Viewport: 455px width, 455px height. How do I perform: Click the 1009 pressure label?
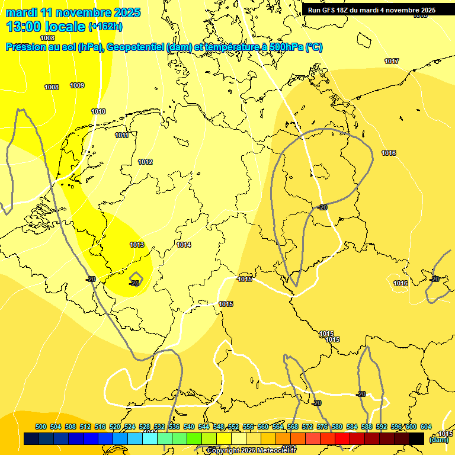pyautogui.click(x=77, y=85)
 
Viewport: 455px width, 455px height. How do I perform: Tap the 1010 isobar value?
pyautogui.click(x=98, y=111)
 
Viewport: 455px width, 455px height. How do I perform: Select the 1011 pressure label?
pyautogui.click(x=122, y=135)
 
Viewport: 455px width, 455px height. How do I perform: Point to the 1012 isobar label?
pyautogui.click(x=145, y=162)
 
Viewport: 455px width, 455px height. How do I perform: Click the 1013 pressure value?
pyautogui.click(x=137, y=245)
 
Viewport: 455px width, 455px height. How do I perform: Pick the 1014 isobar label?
pyautogui.click(x=184, y=245)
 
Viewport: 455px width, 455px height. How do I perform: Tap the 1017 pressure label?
pyautogui.click(x=391, y=61)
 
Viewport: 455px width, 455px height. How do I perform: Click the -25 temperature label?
pyautogui.click(x=134, y=283)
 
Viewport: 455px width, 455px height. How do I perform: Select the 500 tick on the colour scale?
pyautogui.click(x=41, y=427)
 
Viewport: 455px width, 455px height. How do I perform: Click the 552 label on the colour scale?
pyautogui.click(x=233, y=427)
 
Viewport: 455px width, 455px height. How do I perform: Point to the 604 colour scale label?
pyautogui.click(x=426, y=427)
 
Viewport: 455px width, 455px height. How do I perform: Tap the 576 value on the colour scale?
pyautogui.click(x=322, y=427)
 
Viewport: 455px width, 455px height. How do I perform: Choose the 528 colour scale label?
pyautogui.click(x=145, y=427)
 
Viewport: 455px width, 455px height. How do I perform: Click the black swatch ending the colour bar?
pyautogui.click(x=416, y=438)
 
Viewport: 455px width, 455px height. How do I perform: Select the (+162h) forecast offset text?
pyautogui.click(x=105, y=26)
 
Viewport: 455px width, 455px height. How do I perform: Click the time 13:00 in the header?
pyautogui.click(x=28, y=26)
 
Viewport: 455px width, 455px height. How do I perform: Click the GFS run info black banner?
pyautogui.click(x=371, y=9)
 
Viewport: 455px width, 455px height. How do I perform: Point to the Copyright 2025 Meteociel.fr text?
pyautogui.click(x=251, y=450)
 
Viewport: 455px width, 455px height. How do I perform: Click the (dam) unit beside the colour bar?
pyautogui.click(x=439, y=440)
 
